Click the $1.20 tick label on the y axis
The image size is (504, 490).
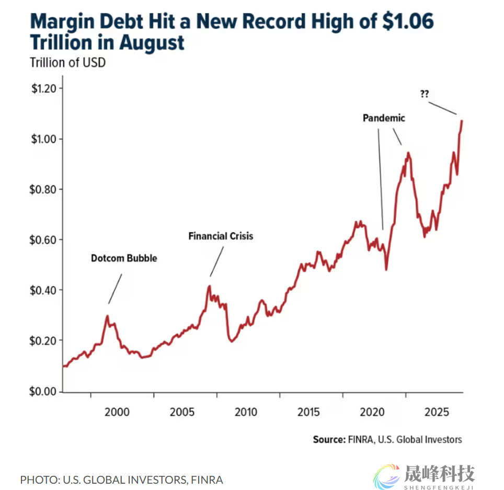tap(43, 88)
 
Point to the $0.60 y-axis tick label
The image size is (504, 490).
tap(43, 240)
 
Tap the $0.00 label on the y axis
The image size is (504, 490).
tap(43, 391)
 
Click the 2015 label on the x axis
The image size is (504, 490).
tap(308, 412)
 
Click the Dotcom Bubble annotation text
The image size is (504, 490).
tap(124, 258)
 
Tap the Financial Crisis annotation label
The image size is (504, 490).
tap(221, 236)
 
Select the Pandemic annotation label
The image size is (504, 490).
tap(384, 118)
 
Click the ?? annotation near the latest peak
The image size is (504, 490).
tap(425, 94)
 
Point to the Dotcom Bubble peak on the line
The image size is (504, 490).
tap(107, 316)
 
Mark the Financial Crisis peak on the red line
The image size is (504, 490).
tap(209, 286)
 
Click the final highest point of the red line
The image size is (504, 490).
tap(462, 121)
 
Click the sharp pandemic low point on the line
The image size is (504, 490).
tap(386, 269)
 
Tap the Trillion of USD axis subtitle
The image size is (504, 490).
tap(67, 63)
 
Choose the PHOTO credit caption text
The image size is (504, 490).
tap(121, 480)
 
